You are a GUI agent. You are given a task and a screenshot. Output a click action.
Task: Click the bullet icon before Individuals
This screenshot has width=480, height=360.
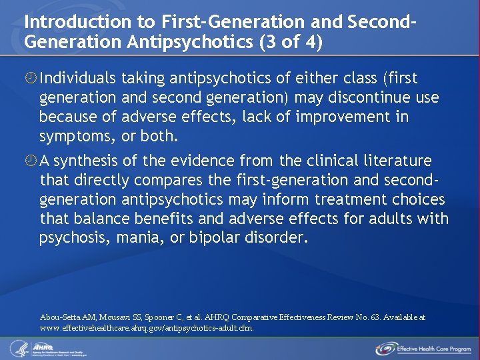30,79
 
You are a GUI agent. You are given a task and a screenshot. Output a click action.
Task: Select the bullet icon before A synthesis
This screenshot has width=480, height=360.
30,161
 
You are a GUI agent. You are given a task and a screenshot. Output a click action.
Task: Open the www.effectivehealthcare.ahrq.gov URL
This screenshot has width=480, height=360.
147,328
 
